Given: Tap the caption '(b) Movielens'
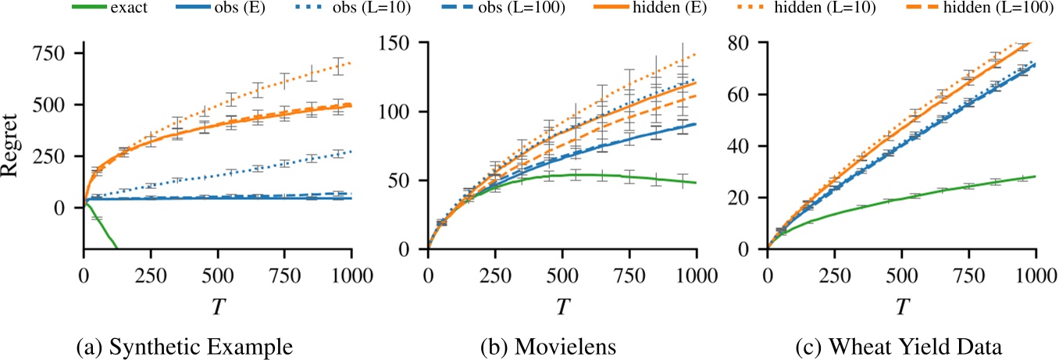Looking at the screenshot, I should pos(562,344).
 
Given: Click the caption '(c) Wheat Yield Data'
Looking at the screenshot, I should pos(901,344).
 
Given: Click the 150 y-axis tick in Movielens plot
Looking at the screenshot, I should pos(405,43).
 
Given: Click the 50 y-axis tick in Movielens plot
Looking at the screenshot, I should pos(408,180).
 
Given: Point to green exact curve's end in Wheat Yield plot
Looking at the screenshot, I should pos(1035,176).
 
